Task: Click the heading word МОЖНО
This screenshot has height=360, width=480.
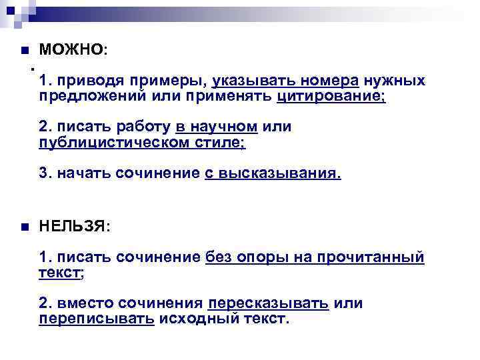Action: click(71, 50)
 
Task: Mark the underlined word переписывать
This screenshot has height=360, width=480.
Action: click(97, 319)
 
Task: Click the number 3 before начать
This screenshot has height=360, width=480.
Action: click(43, 173)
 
